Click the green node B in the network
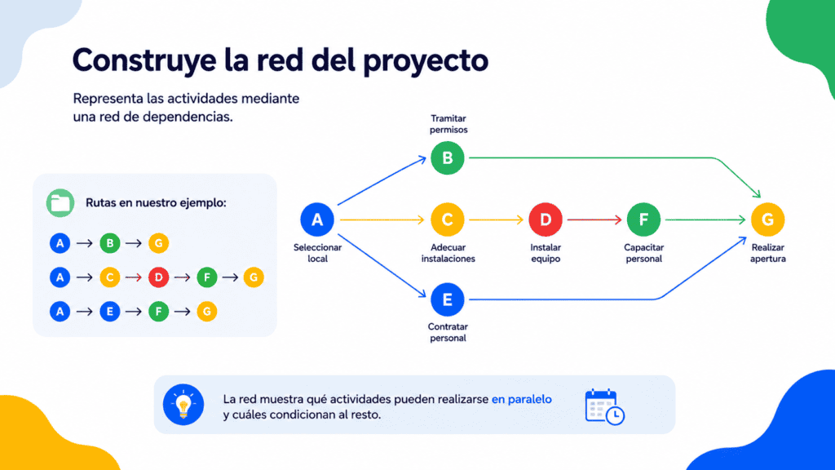tap(448, 158)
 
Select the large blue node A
tap(317, 219)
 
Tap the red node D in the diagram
tap(546, 219)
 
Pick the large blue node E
tap(448, 299)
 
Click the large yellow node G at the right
tap(768, 219)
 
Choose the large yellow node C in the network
tap(448, 219)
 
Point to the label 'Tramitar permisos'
tap(448, 124)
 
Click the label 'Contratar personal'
tap(448, 333)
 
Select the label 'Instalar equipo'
tap(546, 253)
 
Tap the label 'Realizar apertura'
tap(768, 253)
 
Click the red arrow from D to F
tap(594, 219)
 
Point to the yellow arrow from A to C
tap(382, 219)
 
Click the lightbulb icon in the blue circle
tap(183, 405)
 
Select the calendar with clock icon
tap(605, 406)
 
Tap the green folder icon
tap(60, 203)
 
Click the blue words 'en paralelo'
tap(521, 399)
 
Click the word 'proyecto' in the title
tap(426, 60)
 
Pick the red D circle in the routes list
tap(158, 277)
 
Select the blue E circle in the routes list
tap(110, 311)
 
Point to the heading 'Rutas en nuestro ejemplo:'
tap(156, 202)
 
